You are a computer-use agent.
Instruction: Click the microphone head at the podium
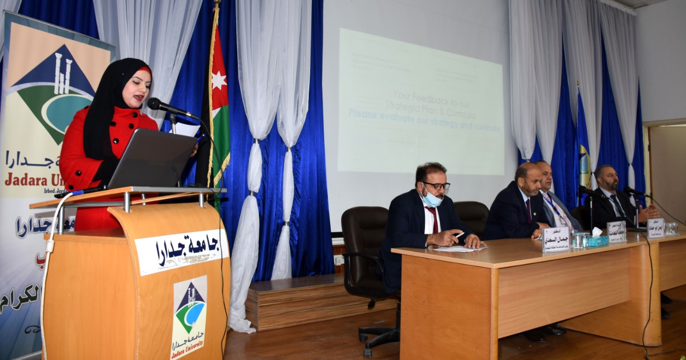click(x=155, y=103)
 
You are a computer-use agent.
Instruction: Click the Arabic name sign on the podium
click(x=181, y=251)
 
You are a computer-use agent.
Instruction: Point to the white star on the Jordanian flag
click(x=219, y=80)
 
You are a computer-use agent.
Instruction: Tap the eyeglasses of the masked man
click(x=437, y=186)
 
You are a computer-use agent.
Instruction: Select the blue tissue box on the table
click(x=597, y=241)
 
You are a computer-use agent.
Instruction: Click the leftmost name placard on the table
click(x=556, y=239)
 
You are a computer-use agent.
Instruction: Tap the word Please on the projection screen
click(x=367, y=114)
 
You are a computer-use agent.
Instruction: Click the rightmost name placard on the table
click(x=655, y=227)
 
